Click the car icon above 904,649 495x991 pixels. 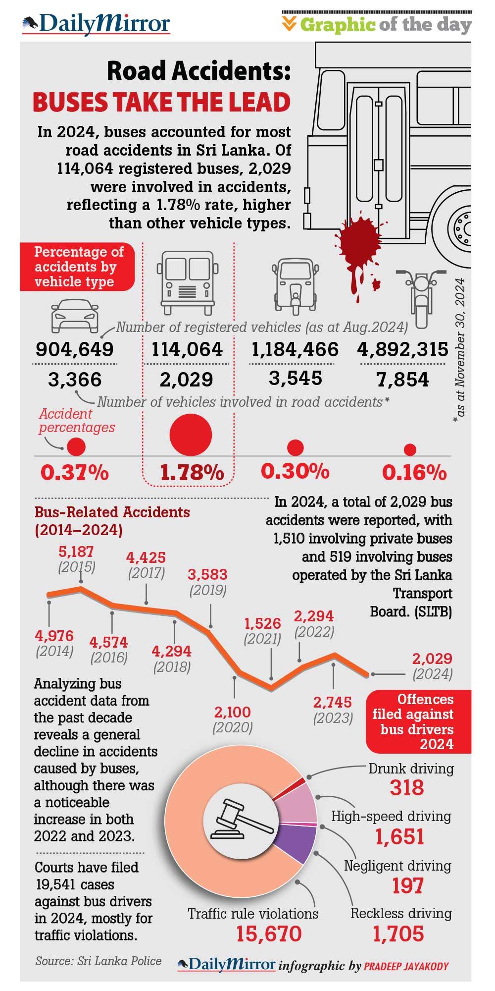tap(74, 315)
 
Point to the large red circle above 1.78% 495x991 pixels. tap(191, 435)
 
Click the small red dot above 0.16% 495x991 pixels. tap(409, 449)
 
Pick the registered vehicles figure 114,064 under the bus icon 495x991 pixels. tap(189, 350)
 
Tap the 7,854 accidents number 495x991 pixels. tap(401, 380)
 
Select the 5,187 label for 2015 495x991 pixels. tap(76, 551)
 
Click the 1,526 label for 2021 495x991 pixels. tap(262, 623)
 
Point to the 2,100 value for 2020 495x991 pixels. tap(233, 712)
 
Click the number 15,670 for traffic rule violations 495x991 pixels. tap(268, 934)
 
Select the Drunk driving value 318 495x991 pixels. tap(407, 787)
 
